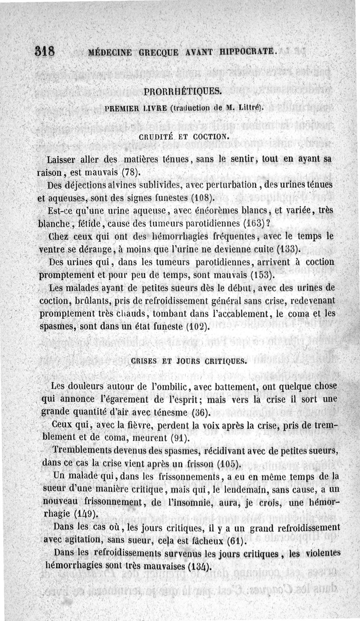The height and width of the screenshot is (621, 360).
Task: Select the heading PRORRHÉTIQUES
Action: pyautogui.click(x=182, y=92)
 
